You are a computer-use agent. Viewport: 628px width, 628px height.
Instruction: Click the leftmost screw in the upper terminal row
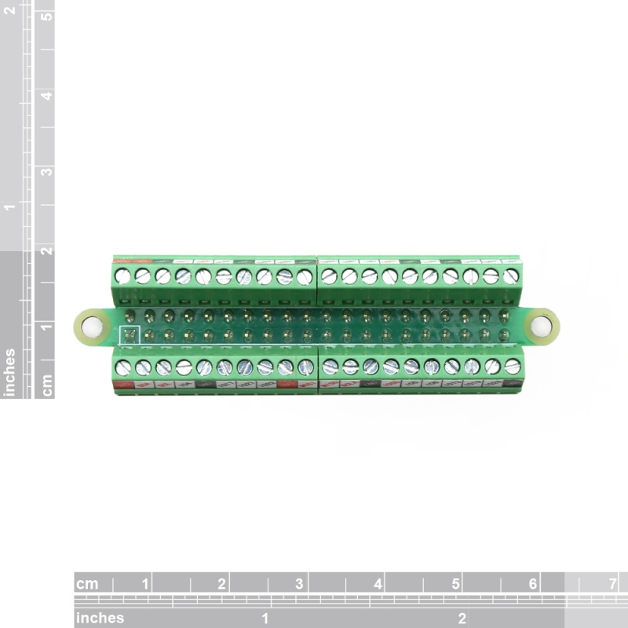coord(122,276)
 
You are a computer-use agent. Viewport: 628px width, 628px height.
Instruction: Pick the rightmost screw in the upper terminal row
coord(511,276)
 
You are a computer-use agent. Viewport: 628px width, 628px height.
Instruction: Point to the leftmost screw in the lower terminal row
coord(122,367)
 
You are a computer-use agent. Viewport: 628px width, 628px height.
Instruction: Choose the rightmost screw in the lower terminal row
coord(513,366)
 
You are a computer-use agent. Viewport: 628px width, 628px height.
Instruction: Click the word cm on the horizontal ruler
coord(87,584)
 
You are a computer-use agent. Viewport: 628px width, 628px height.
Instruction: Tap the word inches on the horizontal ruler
coord(100,618)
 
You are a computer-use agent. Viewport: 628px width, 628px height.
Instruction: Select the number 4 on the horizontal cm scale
coord(378,584)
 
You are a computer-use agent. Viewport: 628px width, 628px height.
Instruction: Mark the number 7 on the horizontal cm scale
coord(611,584)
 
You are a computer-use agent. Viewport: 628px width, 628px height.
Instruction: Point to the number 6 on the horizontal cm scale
coord(533,584)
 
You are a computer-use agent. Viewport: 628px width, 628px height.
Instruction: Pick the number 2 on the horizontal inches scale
coord(462,618)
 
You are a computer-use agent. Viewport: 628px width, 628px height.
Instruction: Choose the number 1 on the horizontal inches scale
coord(265,618)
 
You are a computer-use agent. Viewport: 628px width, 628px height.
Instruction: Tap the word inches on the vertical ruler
coord(10,372)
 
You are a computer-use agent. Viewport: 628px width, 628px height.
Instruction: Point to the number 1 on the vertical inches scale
coord(10,206)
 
